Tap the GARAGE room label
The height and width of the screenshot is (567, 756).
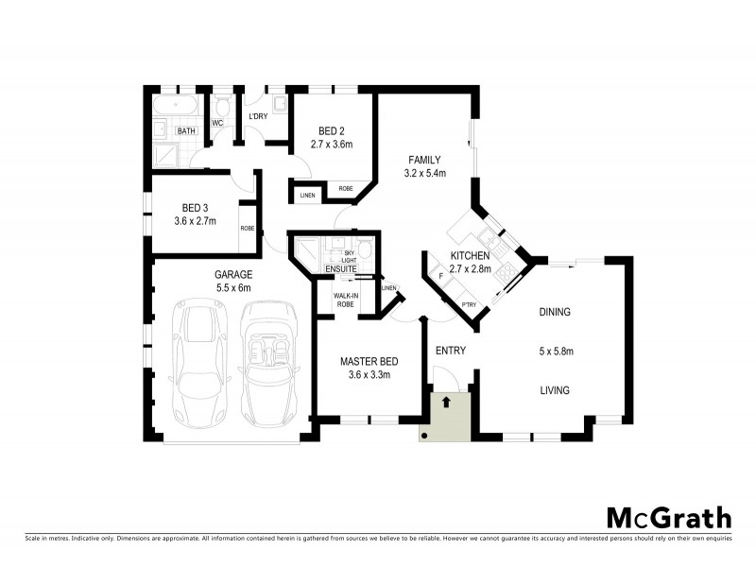click(232, 274)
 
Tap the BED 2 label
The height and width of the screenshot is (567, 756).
click(331, 130)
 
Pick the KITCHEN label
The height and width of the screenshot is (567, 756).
click(470, 256)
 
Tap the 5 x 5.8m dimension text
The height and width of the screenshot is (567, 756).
click(557, 351)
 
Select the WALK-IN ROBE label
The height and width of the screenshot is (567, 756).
click(344, 301)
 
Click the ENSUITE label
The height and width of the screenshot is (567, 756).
click(340, 269)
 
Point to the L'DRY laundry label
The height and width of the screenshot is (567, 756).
click(259, 117)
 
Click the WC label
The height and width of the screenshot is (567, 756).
click(217, 123)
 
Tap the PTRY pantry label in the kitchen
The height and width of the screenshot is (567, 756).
click(469, 304)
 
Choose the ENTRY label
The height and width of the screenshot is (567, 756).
click(451, 351)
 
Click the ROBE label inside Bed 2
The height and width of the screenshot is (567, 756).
click(345, 189)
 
